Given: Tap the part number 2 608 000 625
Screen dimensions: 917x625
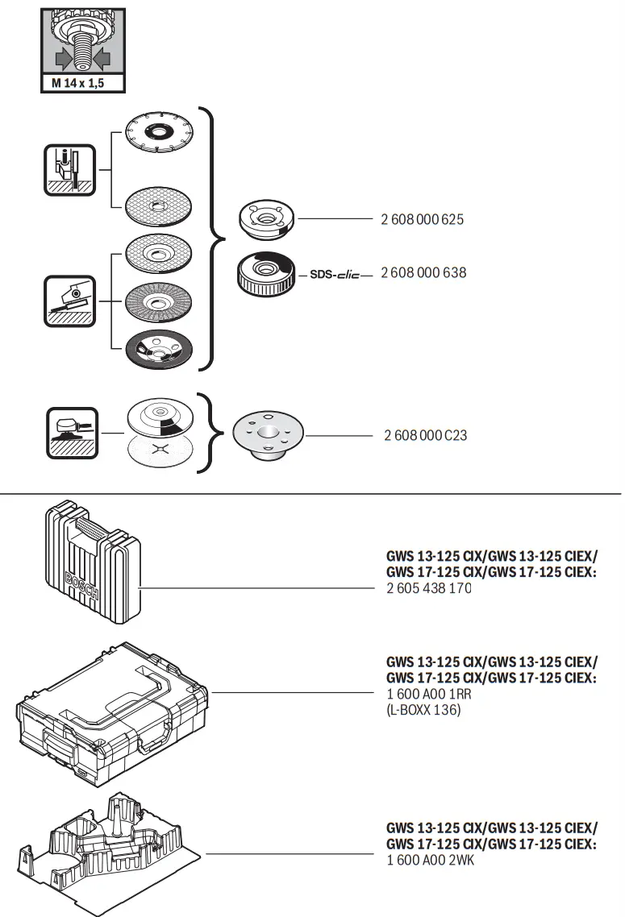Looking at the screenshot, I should [422, 219].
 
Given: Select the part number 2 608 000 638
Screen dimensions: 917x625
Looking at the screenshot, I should [423, 272].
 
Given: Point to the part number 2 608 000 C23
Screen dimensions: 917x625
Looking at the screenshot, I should [425, 435].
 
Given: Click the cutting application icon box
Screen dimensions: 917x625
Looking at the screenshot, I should [70, 169].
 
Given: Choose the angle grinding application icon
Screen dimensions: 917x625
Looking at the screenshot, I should [70, 301].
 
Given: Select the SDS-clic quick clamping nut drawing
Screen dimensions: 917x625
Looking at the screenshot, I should [264, 274].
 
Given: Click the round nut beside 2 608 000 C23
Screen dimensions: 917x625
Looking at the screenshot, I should [268, 436].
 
